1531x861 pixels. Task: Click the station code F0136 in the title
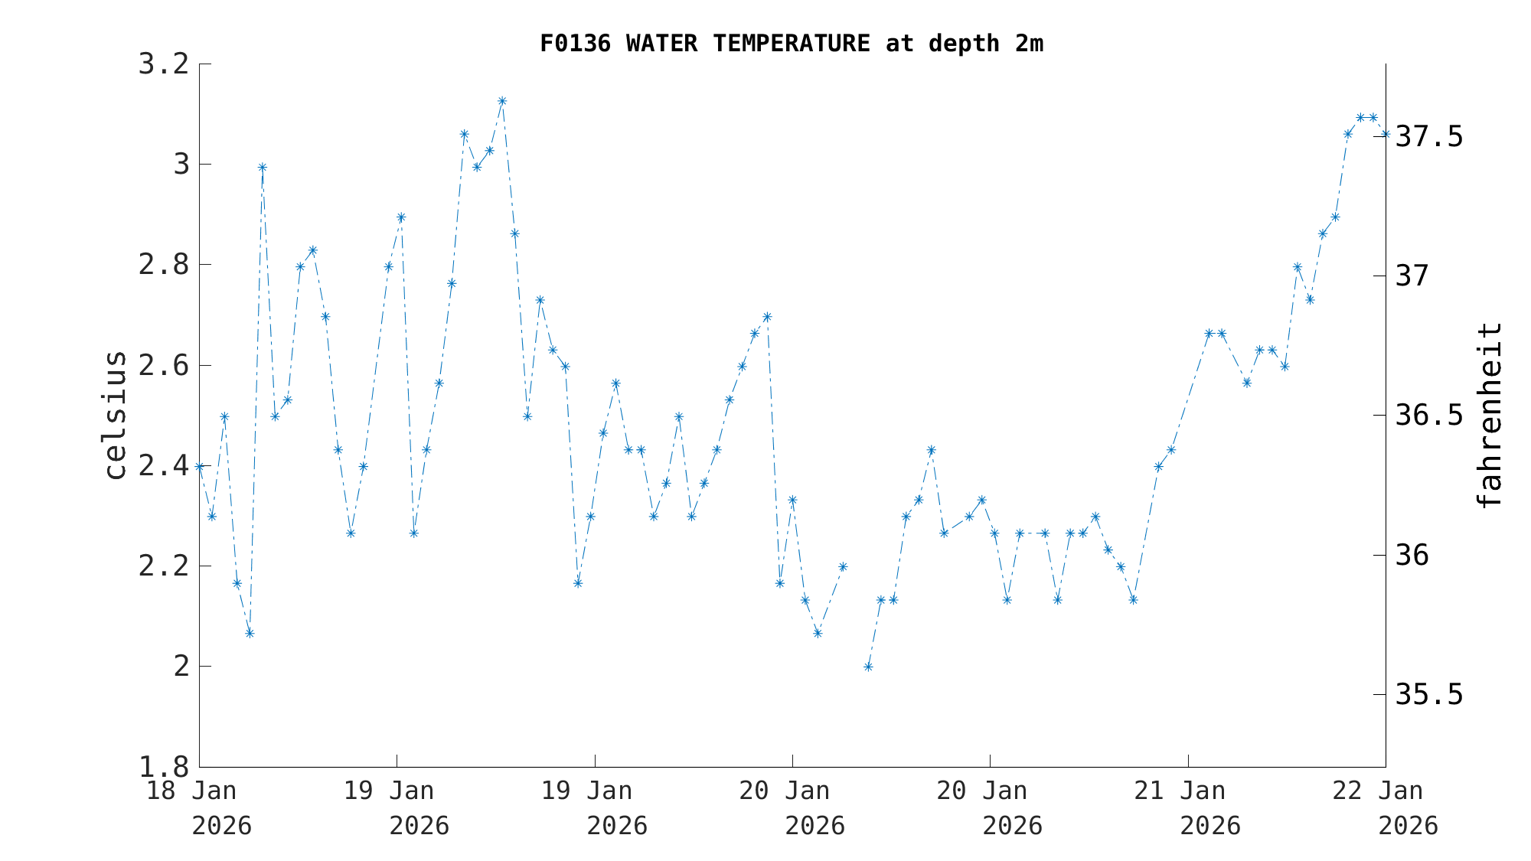(575, 44)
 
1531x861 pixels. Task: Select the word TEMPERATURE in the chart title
(792, 44)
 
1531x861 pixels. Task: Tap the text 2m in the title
(1029, 44)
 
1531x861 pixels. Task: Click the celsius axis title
(115, 416)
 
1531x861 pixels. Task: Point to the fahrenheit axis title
(1489, 416)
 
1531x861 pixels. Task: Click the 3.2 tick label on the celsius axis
(163, 64)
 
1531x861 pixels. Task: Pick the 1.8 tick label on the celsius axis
(163, 767)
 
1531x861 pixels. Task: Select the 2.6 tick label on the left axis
(163, 366)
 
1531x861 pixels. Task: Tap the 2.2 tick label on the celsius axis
(163, 566)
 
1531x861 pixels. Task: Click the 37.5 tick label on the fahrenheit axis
(1429, 137)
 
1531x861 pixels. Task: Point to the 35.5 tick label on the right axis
(1429, 695)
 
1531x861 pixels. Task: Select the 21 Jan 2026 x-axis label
(1188, 808)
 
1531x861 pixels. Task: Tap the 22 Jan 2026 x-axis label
(1386, 808)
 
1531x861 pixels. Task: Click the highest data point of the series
(502, 101)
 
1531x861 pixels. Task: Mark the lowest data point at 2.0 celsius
(868, 667)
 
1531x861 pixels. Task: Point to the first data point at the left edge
(200, 466)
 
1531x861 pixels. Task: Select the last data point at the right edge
(1386, 134)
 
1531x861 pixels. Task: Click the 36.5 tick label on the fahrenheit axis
(1429, 416)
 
